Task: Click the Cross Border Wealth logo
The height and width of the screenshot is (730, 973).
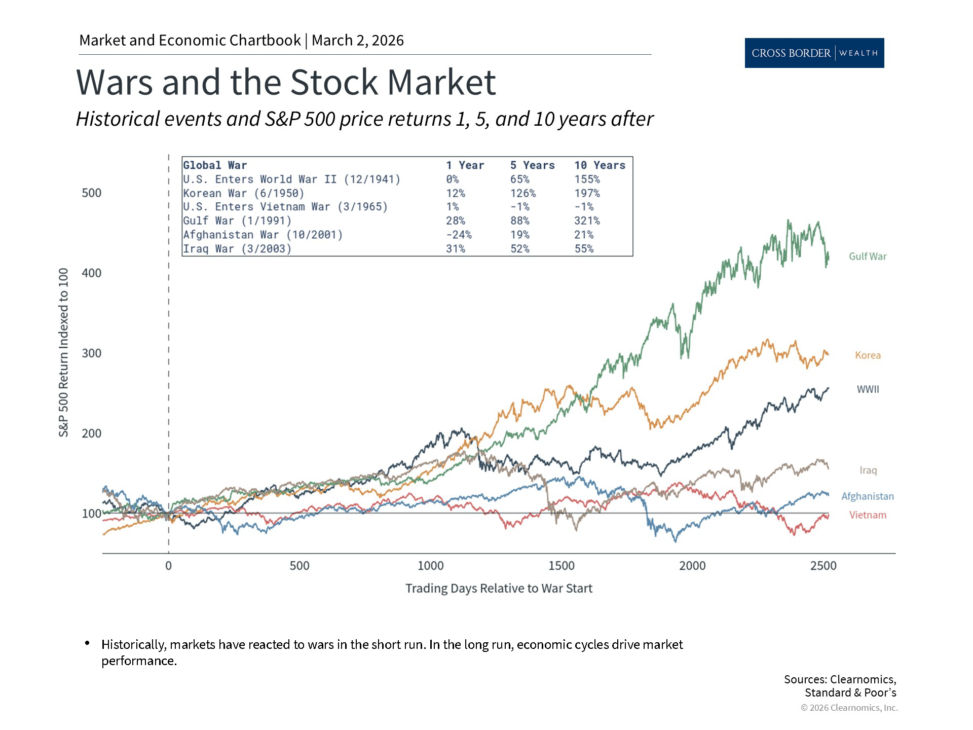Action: pos(814,53)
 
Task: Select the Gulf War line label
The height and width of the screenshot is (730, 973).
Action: pos(868,257)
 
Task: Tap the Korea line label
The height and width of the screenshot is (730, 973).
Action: pos(868,355)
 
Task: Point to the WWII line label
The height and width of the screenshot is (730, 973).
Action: pos(868,389)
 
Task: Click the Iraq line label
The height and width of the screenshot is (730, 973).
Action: pos(868,470)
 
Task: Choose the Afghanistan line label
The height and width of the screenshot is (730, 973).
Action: pos(867,496)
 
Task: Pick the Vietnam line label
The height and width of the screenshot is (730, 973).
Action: pos(868,515)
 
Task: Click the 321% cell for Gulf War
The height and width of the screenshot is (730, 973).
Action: pos(586,221)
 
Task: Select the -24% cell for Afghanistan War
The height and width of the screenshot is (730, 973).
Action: pos(458,235)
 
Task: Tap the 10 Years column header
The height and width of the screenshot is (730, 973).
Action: pos(599,165)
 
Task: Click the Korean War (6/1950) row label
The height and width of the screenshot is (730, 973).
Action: pos(243,193)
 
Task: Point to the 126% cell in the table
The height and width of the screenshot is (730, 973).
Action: pos(522,193)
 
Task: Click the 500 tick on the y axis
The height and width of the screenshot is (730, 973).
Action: pos(92,193)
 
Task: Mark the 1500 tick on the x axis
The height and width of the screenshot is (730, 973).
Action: pos(561,566)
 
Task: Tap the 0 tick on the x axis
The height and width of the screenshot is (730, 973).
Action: pos(168,566)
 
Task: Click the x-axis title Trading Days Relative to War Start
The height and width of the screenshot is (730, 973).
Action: pos(499,589)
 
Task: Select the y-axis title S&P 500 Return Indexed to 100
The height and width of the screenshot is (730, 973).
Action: pos(63,353)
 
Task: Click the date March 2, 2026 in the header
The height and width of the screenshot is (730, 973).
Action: pos(357,41)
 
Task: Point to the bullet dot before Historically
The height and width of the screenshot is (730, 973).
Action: pos(88,643)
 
